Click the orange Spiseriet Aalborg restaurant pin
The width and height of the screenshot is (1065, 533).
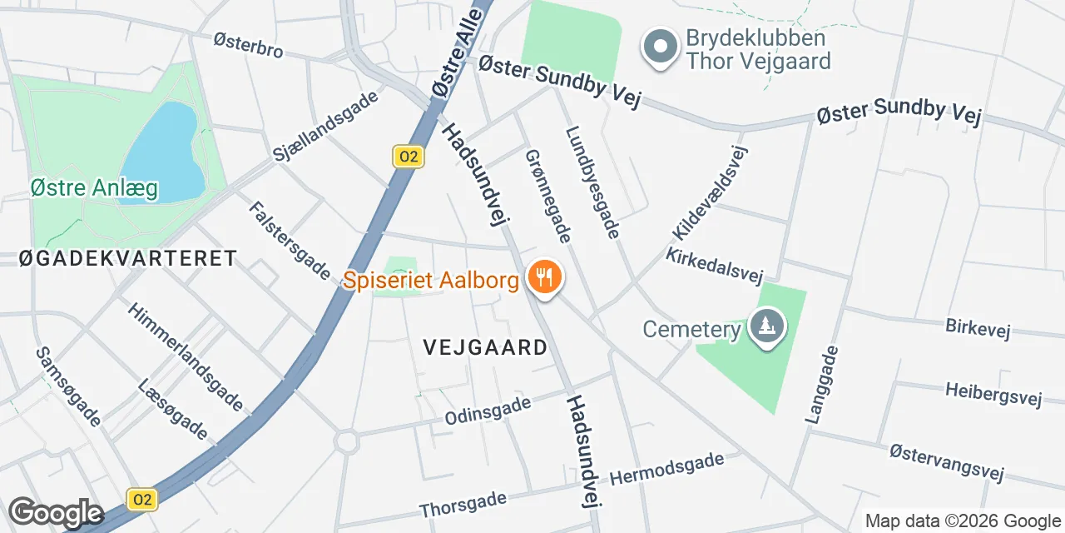(x=545, y=276)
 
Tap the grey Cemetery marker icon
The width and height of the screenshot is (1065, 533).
(x=767, y=326)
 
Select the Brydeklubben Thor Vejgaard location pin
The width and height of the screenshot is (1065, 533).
(x=661, y=47)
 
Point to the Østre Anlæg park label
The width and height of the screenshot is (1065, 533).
(x=93, y=189)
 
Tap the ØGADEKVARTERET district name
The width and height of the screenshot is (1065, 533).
(x=128, y=258)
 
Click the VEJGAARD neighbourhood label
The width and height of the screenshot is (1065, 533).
(x=485, y=347)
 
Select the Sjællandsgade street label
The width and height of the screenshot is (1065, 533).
(x=326, y=126)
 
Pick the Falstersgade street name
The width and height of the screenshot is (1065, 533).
(x=289, y=241)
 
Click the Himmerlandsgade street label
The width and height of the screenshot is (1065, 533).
(x=185, y=356)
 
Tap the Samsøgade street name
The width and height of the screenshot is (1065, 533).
(x=68, y=386)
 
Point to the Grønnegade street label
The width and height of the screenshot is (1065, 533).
(x=548, y=196)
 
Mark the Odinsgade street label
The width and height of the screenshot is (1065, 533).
(x=488, y=410)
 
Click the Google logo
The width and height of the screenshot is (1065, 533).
(x=56, y=512)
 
